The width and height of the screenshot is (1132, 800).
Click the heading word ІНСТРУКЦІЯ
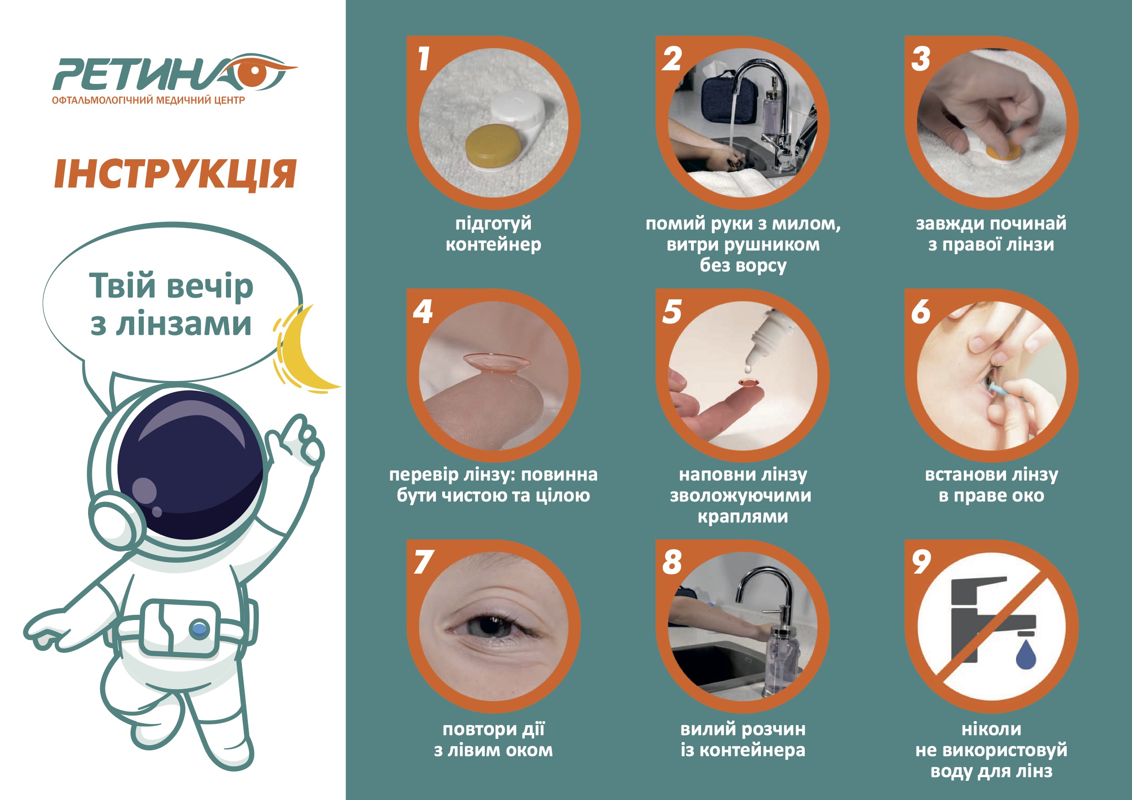(x=175, y=174)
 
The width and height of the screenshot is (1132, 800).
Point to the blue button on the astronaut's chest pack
(x=199, y=628)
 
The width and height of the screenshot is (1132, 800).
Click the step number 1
(x=423, y=59)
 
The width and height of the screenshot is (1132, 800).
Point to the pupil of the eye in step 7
(x=488, y=626)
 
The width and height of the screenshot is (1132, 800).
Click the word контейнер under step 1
(x=493, y=245)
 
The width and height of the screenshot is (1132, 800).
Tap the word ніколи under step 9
(x=991, y=729)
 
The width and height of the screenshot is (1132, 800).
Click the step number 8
(x=672, y=562)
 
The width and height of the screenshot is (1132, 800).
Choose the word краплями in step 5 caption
(x=743, y=517)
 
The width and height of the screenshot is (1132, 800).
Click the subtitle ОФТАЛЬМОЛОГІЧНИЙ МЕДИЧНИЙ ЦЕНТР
(x=148, y=100)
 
